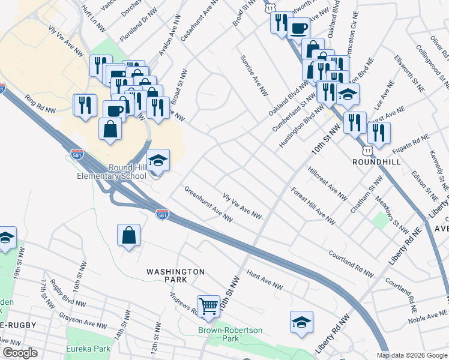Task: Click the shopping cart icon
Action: pos(209,306)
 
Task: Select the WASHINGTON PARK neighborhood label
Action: pos(176,275)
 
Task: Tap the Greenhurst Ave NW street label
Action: pos(208,203)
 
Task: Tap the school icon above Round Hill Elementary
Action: pos(158,160)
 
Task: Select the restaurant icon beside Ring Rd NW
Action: pos(85,106)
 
